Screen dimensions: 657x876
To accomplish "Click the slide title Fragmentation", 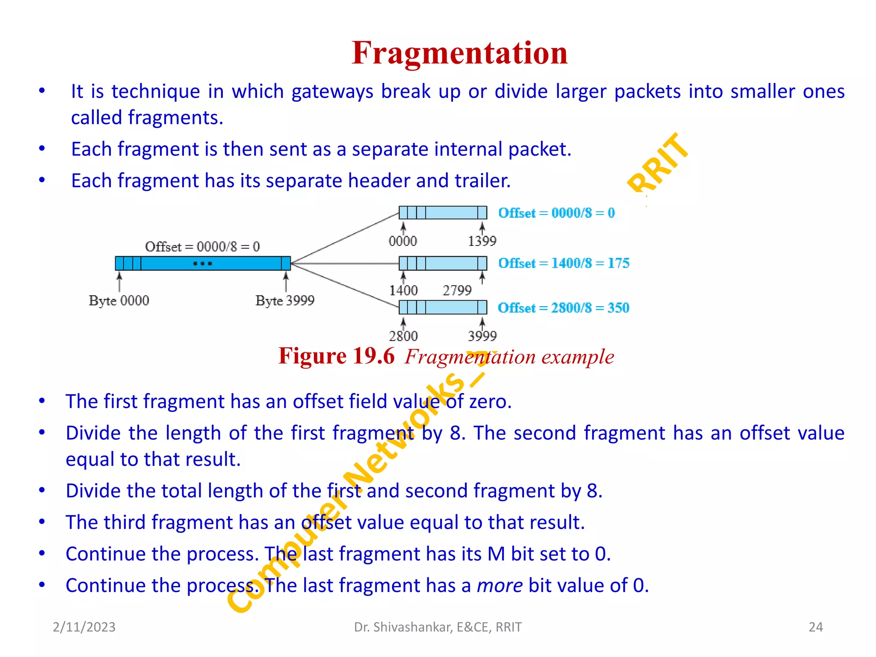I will tap(459, 53).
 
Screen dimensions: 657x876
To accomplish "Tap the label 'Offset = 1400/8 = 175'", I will tap(563, 263).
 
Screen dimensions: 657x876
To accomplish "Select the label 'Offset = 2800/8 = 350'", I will tap(563, 308).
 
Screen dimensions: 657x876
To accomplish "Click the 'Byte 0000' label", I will tap(119, 301).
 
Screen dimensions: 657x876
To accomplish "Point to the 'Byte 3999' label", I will tap(285, 301).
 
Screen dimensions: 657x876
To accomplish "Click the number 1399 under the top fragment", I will tap(482, 241).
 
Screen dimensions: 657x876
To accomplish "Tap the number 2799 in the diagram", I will tap(457, 291).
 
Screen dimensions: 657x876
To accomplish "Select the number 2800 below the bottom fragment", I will tap(403, 336).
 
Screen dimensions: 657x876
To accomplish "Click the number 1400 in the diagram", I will tap(403, 291).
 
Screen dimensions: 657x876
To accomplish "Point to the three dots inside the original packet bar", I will tap(202, 263).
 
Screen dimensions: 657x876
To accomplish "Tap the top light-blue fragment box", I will tap(443, 213).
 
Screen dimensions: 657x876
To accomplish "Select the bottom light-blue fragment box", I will tap(443, 307).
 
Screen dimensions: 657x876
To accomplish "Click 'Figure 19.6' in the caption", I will tap(336, 356).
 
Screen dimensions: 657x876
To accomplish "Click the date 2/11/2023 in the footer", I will tap(84, 627).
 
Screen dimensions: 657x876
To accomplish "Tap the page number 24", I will tap(816, 627).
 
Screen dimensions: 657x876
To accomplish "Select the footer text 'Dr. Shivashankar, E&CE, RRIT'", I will tap(438, 627).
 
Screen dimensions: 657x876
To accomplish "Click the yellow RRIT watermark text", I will tap(657, 163).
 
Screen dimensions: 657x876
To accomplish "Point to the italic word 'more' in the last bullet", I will tap(499, 586).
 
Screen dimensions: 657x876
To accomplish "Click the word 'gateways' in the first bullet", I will tap(332, 92).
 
